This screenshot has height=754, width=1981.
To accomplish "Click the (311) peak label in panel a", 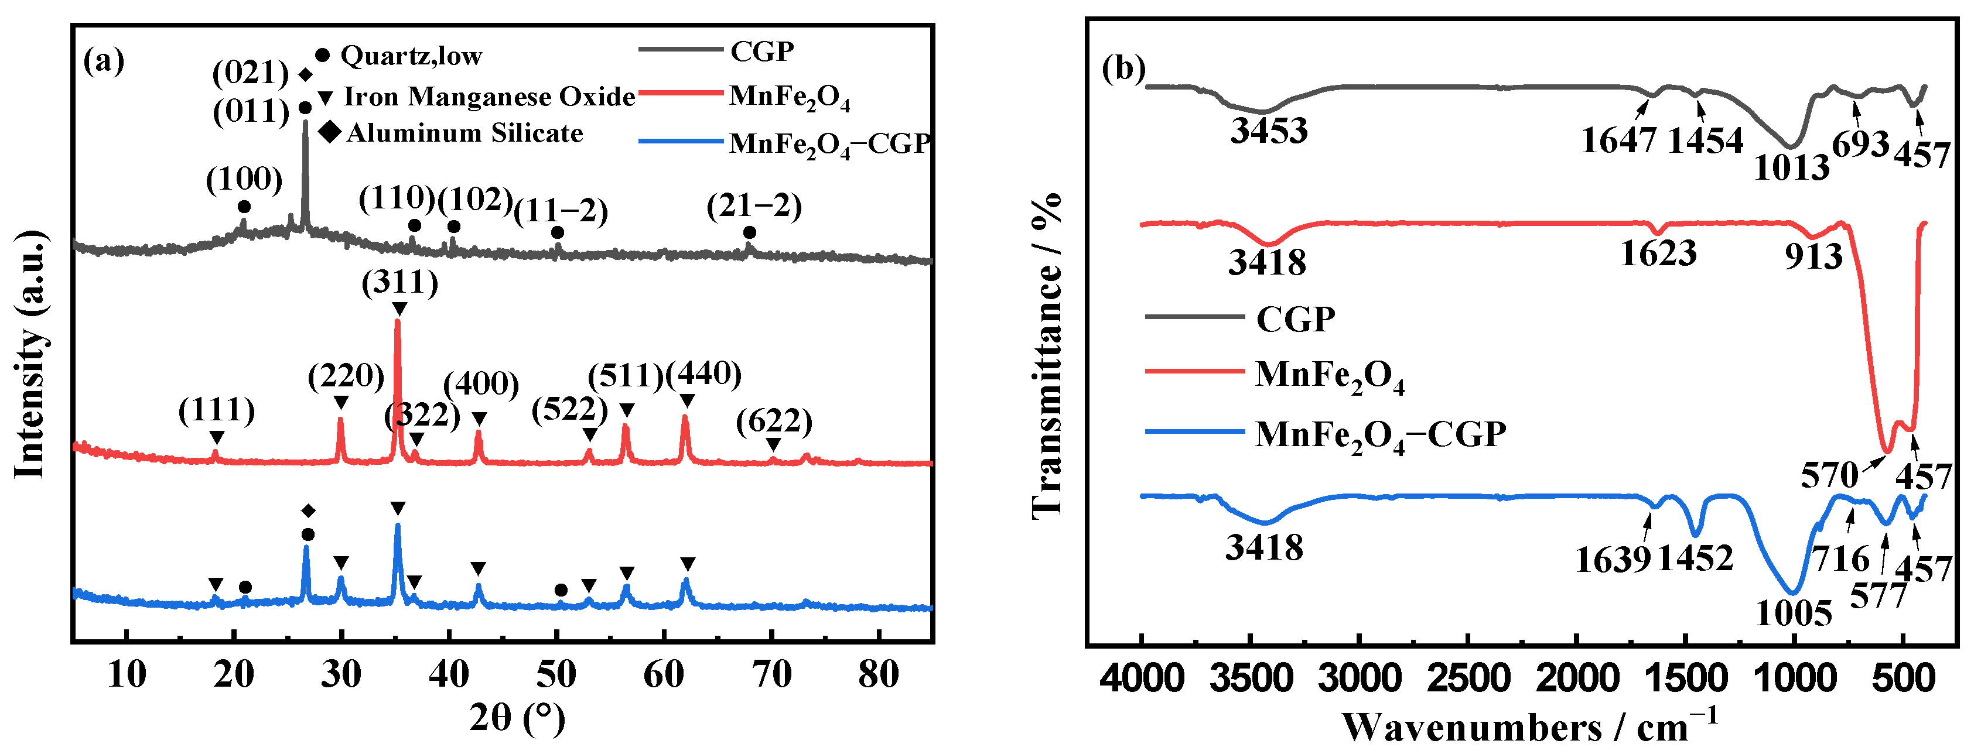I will coord(400,283).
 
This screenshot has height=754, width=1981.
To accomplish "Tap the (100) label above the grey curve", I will coord(244,180).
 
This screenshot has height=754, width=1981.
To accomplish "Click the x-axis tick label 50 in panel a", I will coord(556,675).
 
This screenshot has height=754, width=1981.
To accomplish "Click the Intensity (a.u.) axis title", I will coord(31,354).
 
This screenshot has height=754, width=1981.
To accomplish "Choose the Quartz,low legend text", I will coord(411,56).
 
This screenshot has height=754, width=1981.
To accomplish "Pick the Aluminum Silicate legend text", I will coord(464,133).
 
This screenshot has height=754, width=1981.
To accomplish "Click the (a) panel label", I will coord(103,60).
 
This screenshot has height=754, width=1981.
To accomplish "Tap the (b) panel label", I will coord(1123,69).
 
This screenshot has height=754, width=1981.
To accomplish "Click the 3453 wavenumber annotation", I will coord(1269,131).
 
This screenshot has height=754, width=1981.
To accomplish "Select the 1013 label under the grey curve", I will coord(1791,167).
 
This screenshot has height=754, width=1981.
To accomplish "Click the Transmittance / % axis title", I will coord(1047,354).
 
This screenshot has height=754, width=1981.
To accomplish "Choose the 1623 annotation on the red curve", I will coord(1658,253).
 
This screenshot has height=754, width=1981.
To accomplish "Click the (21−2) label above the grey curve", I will coord(754,207).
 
